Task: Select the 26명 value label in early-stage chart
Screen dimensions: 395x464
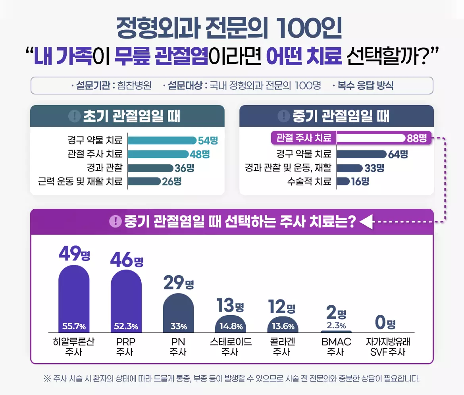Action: click(172, 181)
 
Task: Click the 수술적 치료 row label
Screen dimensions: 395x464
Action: click(309, 181)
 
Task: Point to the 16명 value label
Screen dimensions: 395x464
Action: click(360, 181)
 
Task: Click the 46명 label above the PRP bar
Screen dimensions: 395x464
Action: click(127, 261)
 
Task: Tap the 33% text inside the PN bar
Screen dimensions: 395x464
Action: click(179, 327)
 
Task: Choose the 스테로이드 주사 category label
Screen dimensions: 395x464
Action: click(231, 347)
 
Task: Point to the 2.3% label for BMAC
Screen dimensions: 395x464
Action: click(336, 326)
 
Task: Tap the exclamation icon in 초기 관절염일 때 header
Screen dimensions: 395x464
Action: click(75, 116)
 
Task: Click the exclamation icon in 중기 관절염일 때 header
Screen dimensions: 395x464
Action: click(283, 116)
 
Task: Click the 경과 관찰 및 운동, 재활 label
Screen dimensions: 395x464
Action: click(288, 168)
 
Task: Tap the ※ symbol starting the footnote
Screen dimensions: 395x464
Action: click(47, 378)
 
